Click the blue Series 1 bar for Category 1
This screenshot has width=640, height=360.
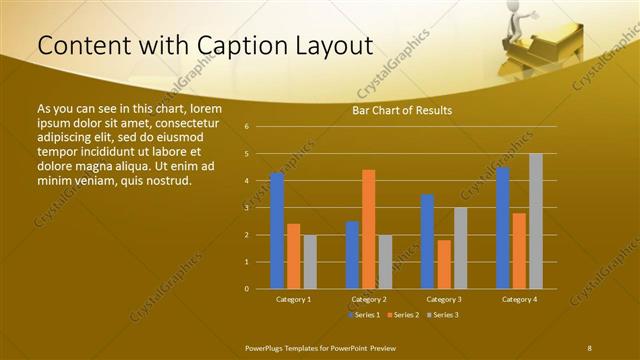[x=277, y=231]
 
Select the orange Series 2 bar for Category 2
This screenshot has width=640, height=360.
[x=368, y=229]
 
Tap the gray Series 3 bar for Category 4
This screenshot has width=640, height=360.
[x=535, y=221]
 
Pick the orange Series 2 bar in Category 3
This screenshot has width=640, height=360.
[x=443, y=264]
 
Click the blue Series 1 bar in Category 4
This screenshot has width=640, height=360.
[x=503, y=228]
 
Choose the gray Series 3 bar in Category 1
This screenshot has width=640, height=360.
[x=310, y=262]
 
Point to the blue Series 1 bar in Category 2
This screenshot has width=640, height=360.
[x=352, y=255]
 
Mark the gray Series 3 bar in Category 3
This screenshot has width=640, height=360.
[x=460, y=248]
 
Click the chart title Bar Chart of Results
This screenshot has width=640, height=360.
[x=402, y=110]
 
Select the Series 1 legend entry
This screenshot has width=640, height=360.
[x=363, y=315]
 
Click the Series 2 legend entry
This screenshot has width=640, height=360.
[x=403, y=315]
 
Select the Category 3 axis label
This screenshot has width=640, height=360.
[x=443, y=299]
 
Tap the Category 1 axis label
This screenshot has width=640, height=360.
[x=293, y=299]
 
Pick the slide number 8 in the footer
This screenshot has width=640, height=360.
[x=589, y=346]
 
